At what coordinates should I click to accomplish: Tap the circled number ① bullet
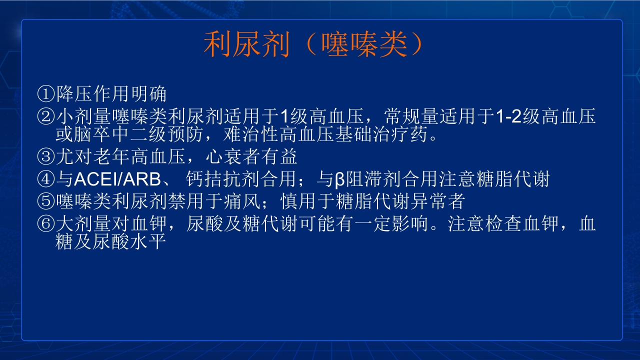coord(46,93)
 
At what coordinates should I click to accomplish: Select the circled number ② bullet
coord(46,117)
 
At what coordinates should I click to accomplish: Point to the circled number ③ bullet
coord(46,157)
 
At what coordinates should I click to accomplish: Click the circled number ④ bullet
coord(46,179)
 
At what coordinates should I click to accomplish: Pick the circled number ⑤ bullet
coord(46,201)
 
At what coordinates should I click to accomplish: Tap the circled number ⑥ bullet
coord(46,223)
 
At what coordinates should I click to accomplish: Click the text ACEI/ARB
coord(113,179)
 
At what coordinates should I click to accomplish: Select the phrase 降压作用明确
coord(111,93)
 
